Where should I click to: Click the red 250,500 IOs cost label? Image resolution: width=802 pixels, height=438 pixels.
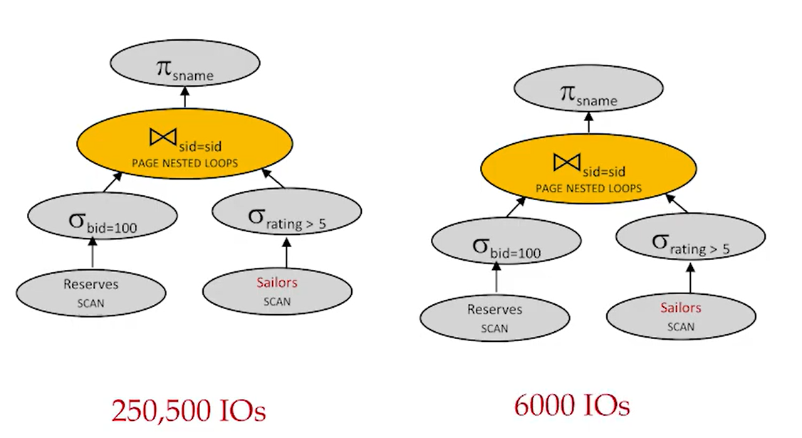pos(188,411)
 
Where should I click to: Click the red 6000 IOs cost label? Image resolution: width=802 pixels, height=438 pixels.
pos(572,406)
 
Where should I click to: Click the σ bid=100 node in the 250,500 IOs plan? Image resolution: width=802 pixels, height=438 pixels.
pos(103,217)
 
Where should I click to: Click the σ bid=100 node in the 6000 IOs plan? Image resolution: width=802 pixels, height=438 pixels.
pos(506,244)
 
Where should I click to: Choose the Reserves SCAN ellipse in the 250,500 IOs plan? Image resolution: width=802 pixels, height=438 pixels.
pos(91,291)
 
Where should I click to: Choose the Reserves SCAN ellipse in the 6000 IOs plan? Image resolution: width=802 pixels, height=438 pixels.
pos(494,318)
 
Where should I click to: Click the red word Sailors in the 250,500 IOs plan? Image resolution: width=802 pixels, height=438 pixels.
pos(277,283)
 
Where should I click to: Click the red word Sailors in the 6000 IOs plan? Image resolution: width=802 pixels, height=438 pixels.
pos(680,308)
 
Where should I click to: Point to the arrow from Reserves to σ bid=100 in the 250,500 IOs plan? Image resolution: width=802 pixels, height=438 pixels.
pos(92,253)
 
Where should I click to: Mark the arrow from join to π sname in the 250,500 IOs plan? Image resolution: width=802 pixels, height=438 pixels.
pos(184,97)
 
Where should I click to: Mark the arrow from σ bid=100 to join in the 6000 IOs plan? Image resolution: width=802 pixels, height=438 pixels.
pos(514,207)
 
